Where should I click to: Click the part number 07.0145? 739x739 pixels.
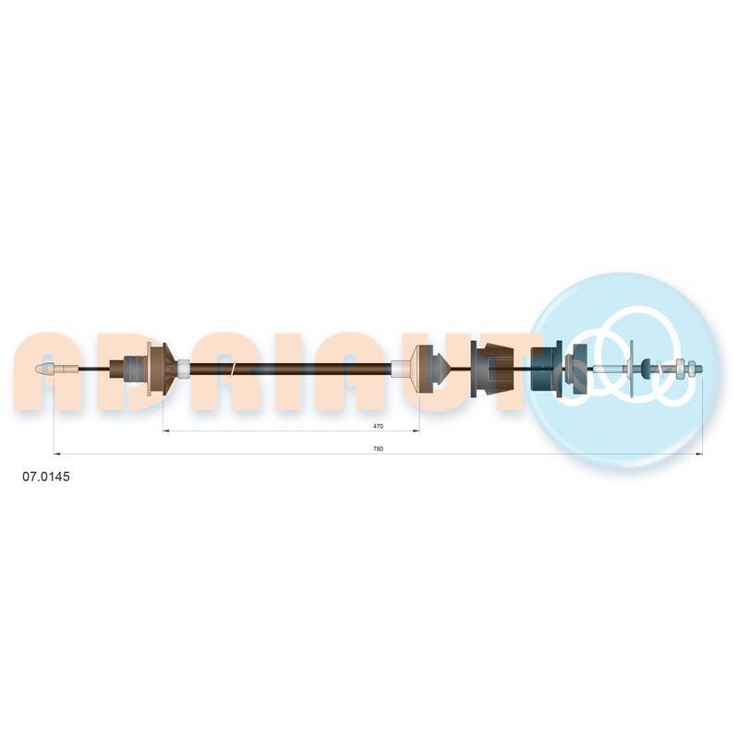coord(46,477)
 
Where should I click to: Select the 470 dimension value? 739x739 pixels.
coord(378,426)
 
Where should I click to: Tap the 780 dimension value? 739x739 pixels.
coord(378,449)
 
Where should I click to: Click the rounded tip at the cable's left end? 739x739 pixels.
coord(45,369)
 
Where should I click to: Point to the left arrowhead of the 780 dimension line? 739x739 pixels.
coord(57,454)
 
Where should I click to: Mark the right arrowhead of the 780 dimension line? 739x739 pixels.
coord(699,454)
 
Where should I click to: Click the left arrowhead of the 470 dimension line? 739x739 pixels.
coord(166,430)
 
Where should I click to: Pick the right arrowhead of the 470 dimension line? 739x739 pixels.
coord(417,430)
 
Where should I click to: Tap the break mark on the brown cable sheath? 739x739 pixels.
coord(233,369)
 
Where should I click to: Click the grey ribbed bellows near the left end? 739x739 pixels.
coord(136,369)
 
